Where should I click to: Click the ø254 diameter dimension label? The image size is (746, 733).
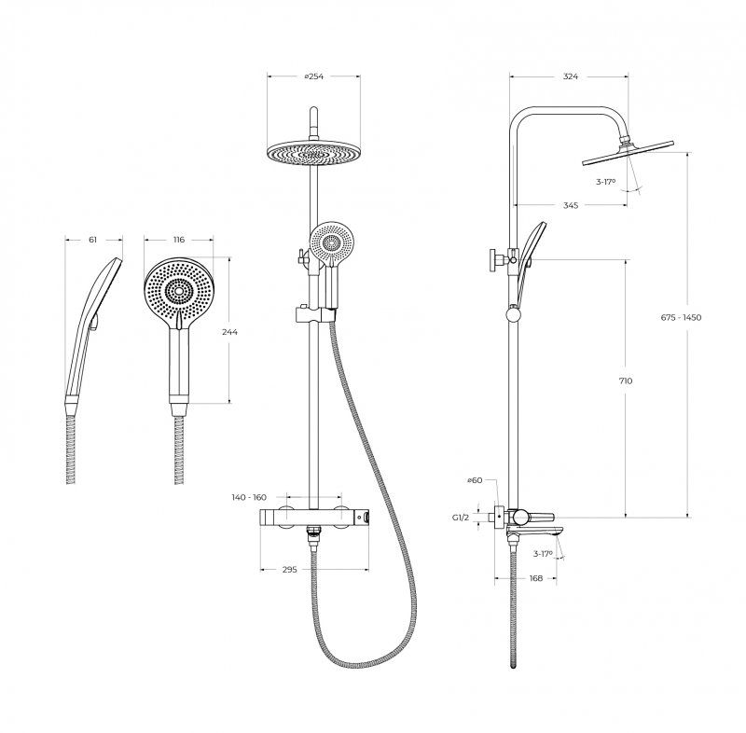tap(313, 76)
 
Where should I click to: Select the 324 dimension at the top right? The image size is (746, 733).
tap(570, 76)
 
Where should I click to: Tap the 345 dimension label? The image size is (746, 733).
tap(571, 205)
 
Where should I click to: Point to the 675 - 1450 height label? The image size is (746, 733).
tap(681, 317)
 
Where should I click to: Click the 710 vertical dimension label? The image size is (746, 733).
tap(626, 380)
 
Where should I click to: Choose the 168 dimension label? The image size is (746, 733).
tap(535, 578)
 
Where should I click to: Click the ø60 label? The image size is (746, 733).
tap(475, 480)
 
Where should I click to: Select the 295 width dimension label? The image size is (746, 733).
tap(289, 570)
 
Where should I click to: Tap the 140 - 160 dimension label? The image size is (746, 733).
tap(249, 497)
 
